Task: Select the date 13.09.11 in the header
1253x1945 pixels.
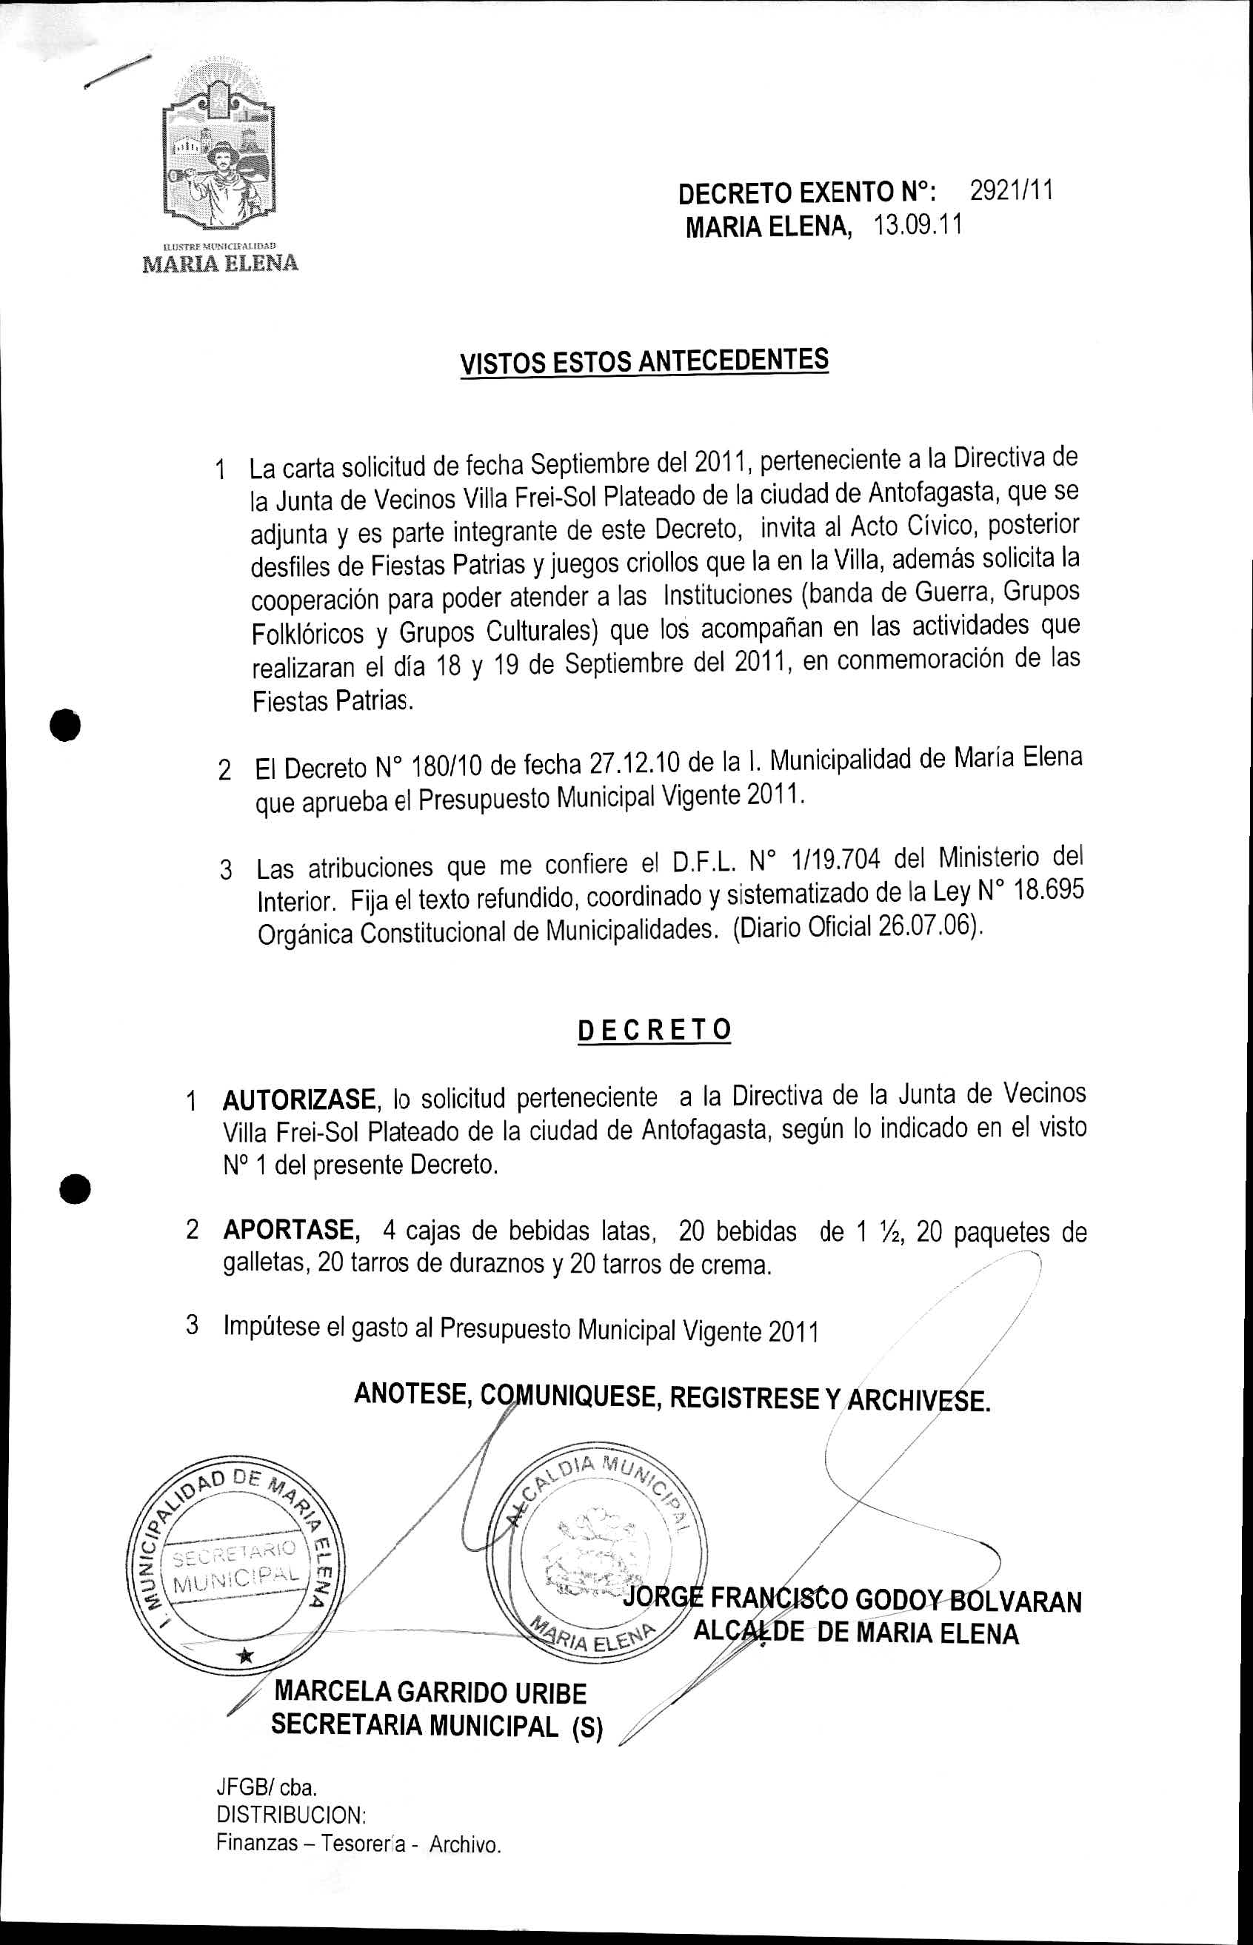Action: click(918, 224)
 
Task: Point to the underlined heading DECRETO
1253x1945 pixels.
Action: click(654, 1030)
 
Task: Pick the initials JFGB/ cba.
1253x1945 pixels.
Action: click(266, 1787)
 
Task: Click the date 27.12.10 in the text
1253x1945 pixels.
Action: click(635, 764)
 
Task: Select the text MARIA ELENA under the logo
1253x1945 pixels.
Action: click(221, 264)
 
